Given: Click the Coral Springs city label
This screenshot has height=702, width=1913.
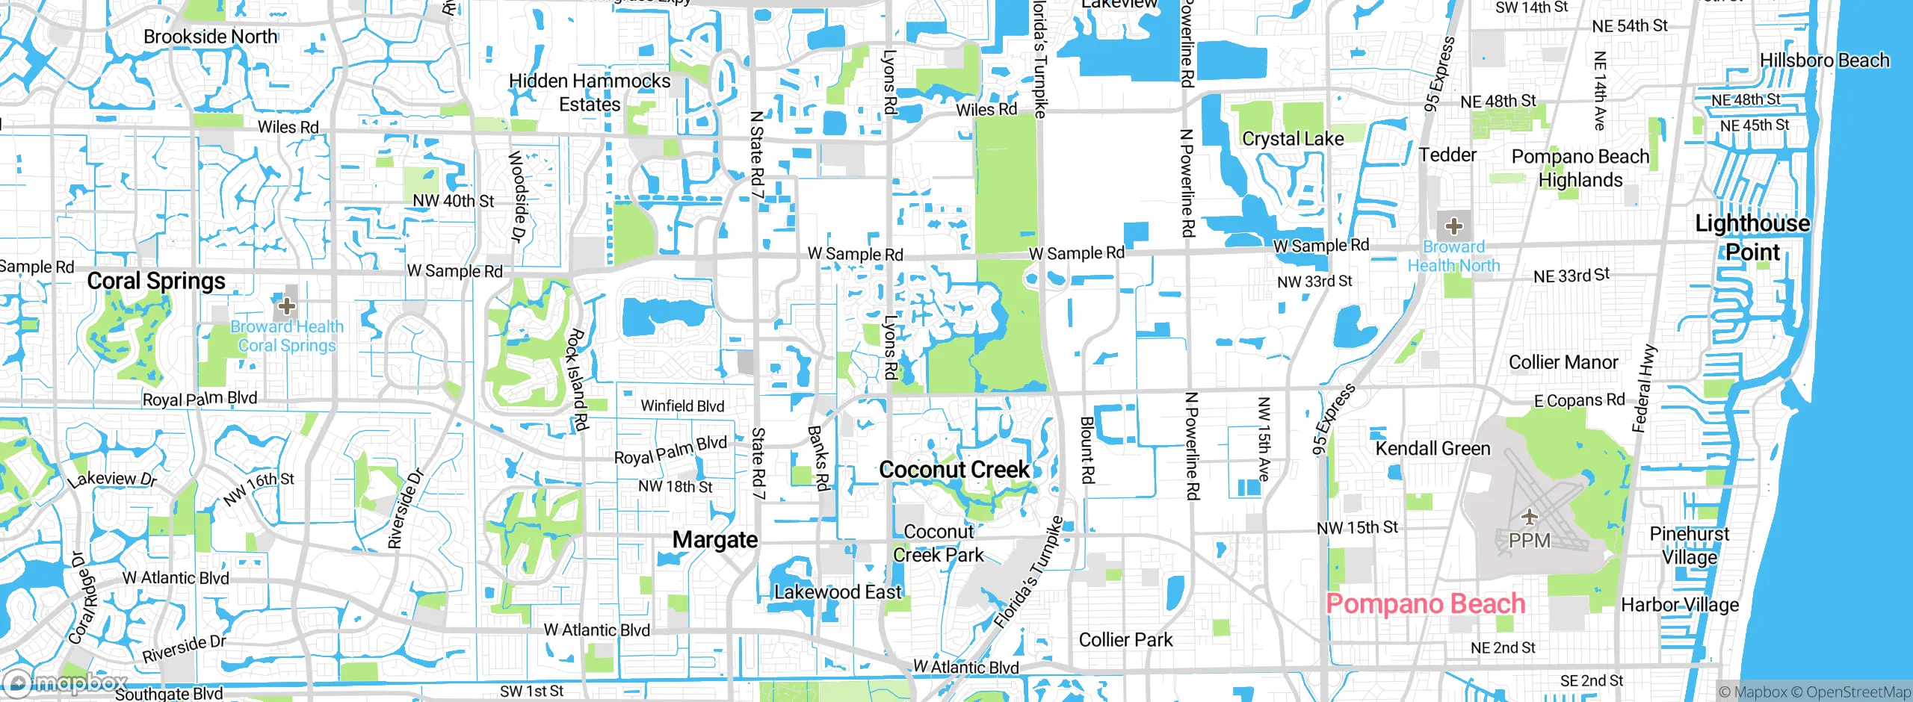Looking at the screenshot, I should coord(156,281).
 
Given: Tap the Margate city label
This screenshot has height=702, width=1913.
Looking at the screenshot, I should coord(715,539).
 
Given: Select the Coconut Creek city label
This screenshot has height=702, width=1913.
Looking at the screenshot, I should coord(954,469).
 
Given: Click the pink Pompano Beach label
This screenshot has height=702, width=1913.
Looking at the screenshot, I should coord(1425,603).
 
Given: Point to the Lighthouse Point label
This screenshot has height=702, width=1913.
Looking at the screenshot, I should coord(1752,237).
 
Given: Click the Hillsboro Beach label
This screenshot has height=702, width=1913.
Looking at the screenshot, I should coord(1824,60).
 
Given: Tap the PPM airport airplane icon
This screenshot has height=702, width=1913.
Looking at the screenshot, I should coord(1530,517).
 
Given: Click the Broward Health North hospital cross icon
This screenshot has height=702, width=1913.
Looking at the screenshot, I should coord(1453,226).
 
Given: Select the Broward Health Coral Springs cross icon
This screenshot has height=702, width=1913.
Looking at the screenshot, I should coord(286,305).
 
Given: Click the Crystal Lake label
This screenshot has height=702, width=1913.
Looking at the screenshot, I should coord(1293,138).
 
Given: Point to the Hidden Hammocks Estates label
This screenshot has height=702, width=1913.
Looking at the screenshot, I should coord(590,92).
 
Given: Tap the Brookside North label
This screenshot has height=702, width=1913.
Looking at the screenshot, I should coord(210,36).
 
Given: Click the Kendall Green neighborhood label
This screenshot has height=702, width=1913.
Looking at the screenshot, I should coord(1433,448).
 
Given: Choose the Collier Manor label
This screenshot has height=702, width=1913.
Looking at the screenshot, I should coord(1563,362).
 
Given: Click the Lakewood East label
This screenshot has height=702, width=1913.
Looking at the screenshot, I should coord(838,592).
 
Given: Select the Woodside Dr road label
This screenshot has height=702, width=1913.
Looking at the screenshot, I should coord(516,196).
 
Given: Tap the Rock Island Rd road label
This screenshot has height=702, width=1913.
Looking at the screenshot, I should coord(575,379).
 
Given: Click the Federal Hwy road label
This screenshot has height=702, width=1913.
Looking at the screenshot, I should coord(1644,388).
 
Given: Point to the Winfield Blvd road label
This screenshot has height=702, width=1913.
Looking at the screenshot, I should coord(682,406).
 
